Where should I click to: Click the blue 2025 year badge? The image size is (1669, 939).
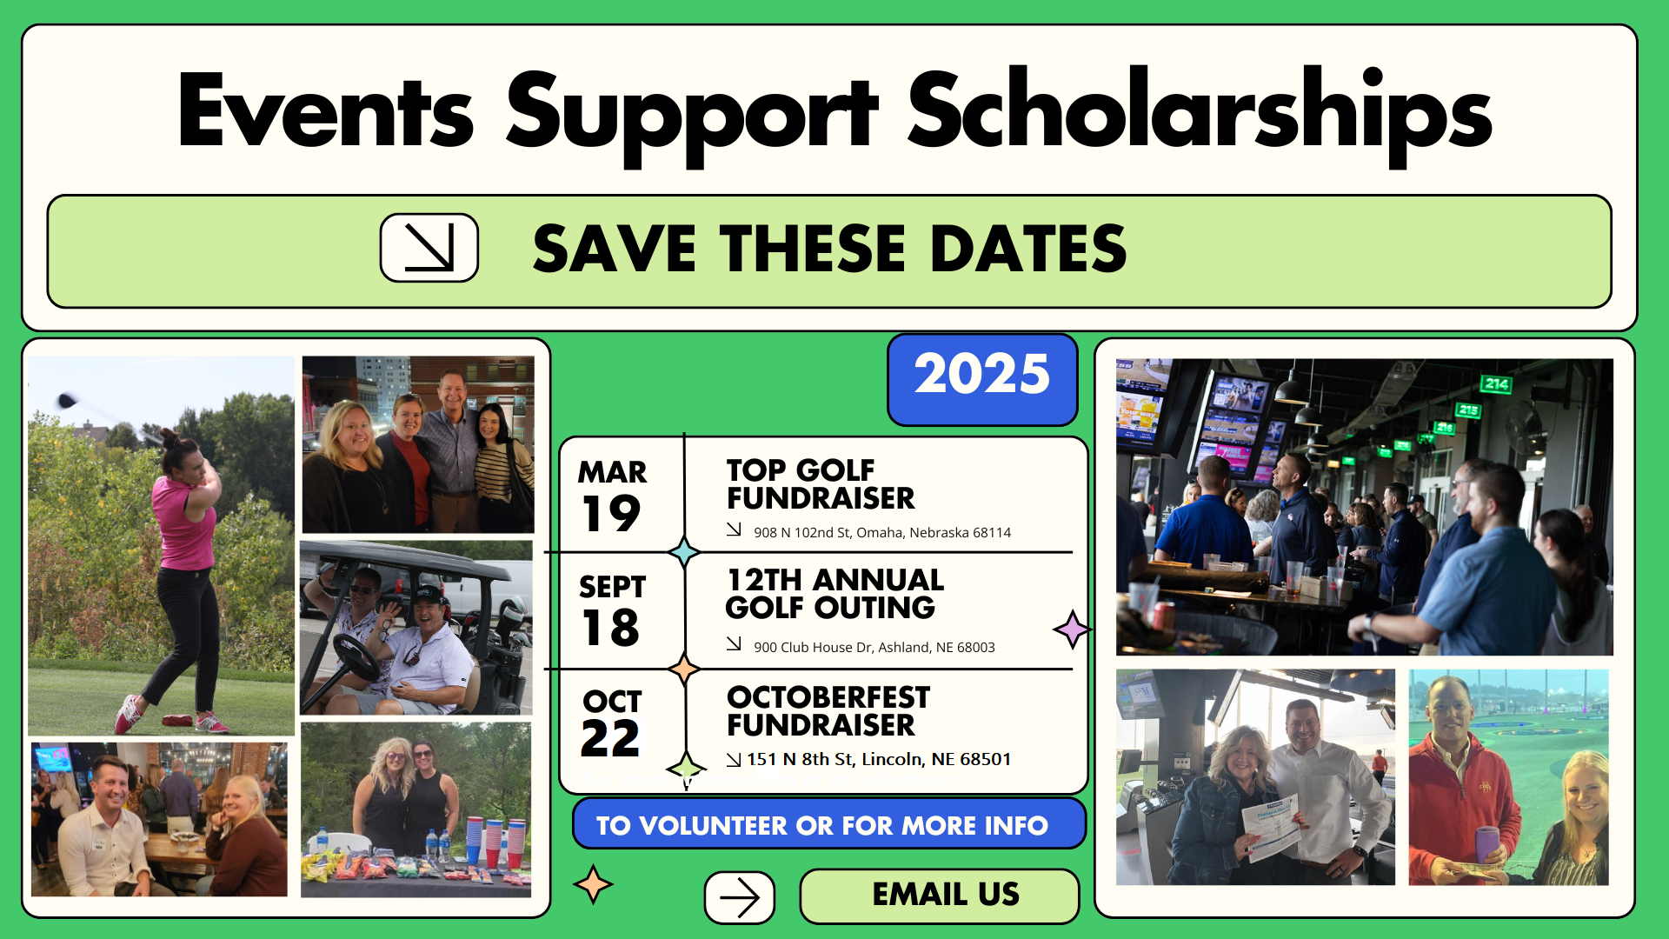click(982, 380)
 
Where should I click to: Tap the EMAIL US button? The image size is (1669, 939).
click(939, 896)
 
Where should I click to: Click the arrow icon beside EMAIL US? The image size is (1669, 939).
click(740, 897)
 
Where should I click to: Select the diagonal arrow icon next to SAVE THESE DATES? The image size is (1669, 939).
click(429, 248)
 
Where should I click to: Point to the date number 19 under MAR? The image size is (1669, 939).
click(610, 513)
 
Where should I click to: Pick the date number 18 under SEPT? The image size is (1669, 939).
click(610, 628)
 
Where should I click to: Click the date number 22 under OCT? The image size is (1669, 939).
click(610, 739)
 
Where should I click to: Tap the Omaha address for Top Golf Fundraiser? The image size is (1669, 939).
click(882, 532)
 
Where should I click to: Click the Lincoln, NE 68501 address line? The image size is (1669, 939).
click(879, 759)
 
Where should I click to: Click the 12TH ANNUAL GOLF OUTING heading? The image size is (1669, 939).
click(834, 594)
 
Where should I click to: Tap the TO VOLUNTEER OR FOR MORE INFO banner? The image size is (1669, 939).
click(829, 824)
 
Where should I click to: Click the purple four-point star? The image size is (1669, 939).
click(1072, 629)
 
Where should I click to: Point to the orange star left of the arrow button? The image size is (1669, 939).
click(594, 884)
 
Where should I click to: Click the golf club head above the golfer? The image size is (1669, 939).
click(67, 401)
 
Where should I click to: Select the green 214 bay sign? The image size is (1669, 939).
click(1497, 383)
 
